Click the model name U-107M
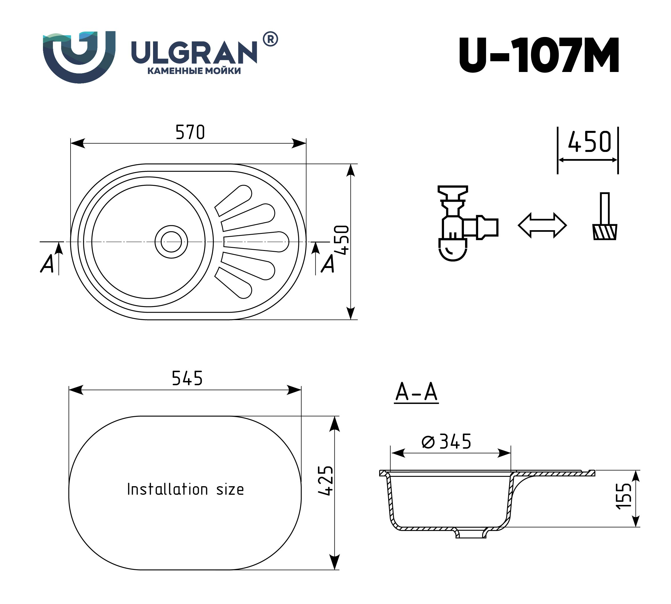click(x=539, y=55)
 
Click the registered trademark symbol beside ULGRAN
click(x=271, y=39)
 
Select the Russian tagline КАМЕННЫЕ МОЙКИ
click(x=194, y=71)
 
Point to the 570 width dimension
click(x=190, y=132)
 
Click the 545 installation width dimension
click(x=187, y=378)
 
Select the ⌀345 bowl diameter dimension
click(x=446, y=441)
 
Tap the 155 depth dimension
click(x=623, y=496)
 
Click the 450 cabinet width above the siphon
click(x=589, y=142)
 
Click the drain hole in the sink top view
click(x=171, y=242)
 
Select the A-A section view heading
click(x=416, y=392)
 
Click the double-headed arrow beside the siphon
click(x=542, y=225)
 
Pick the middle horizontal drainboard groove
click(x=255, y=242)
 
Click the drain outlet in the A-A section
click(x=471, y=534)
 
